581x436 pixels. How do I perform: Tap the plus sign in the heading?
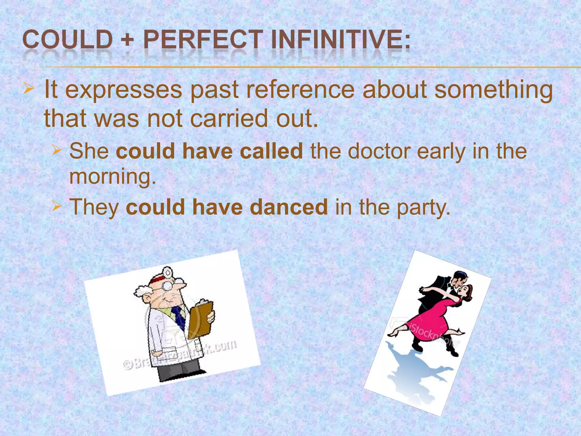point(128,40)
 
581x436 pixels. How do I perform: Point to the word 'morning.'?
point(113,177)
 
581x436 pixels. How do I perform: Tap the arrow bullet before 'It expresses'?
point(29,88)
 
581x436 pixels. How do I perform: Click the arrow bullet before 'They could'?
point(56,206)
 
